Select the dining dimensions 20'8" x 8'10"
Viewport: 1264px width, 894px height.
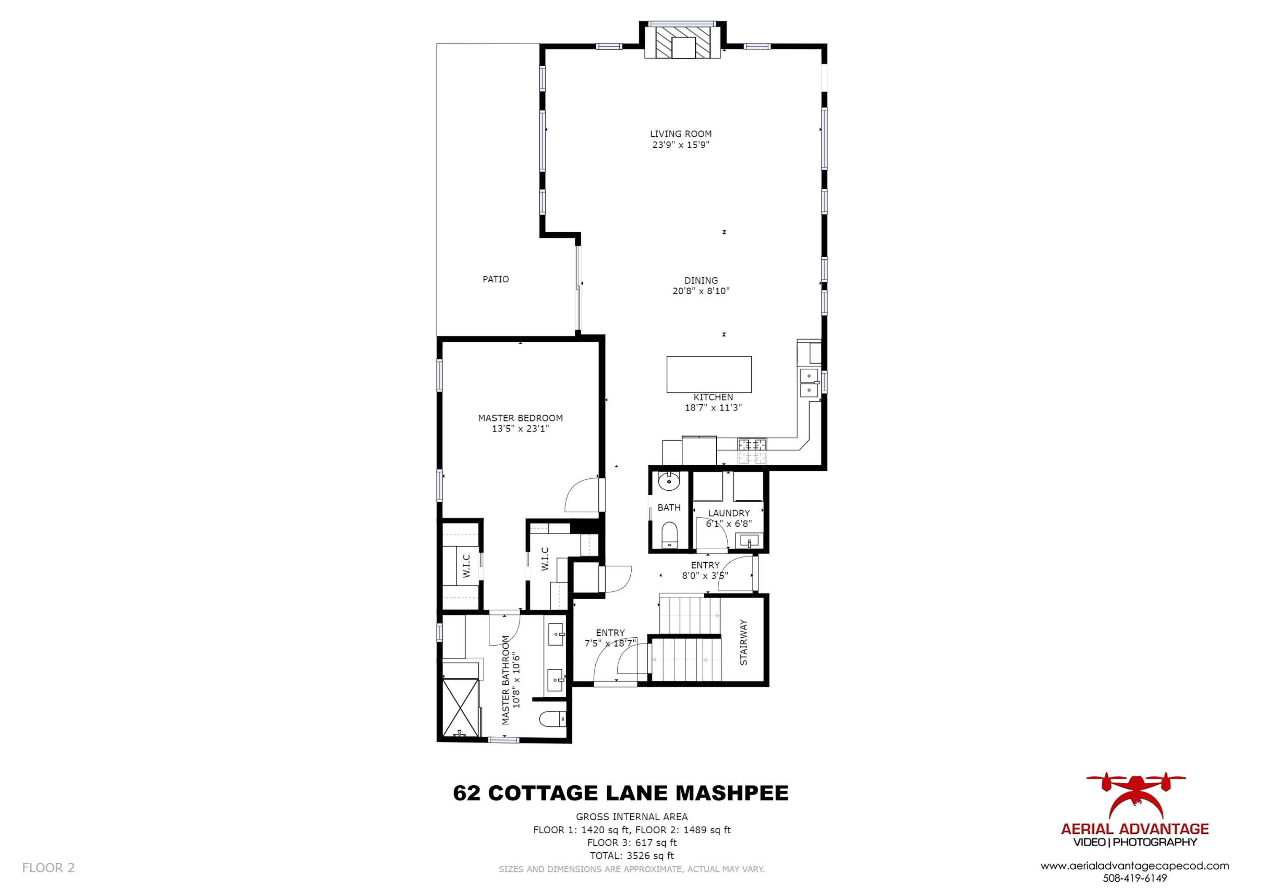(700, 291)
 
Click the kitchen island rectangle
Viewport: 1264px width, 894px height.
(709, 375)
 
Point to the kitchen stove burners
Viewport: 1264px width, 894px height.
(752, 451)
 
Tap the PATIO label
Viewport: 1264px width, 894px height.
(495, 279)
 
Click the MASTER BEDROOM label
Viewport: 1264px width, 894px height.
(520, 418)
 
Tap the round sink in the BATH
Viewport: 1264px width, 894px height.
(669, 482)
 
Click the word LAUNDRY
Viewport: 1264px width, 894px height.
(729, 513)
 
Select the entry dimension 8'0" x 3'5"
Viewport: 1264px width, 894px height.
(705, 576)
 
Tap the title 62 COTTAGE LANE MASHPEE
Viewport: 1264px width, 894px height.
(621, 793)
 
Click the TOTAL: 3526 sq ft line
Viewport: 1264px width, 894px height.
(632, 856)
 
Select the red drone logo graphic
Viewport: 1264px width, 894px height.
(1135, 796)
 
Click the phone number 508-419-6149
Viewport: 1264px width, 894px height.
(1135, 878)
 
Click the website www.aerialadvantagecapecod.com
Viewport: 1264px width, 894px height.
(1135, 866)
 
